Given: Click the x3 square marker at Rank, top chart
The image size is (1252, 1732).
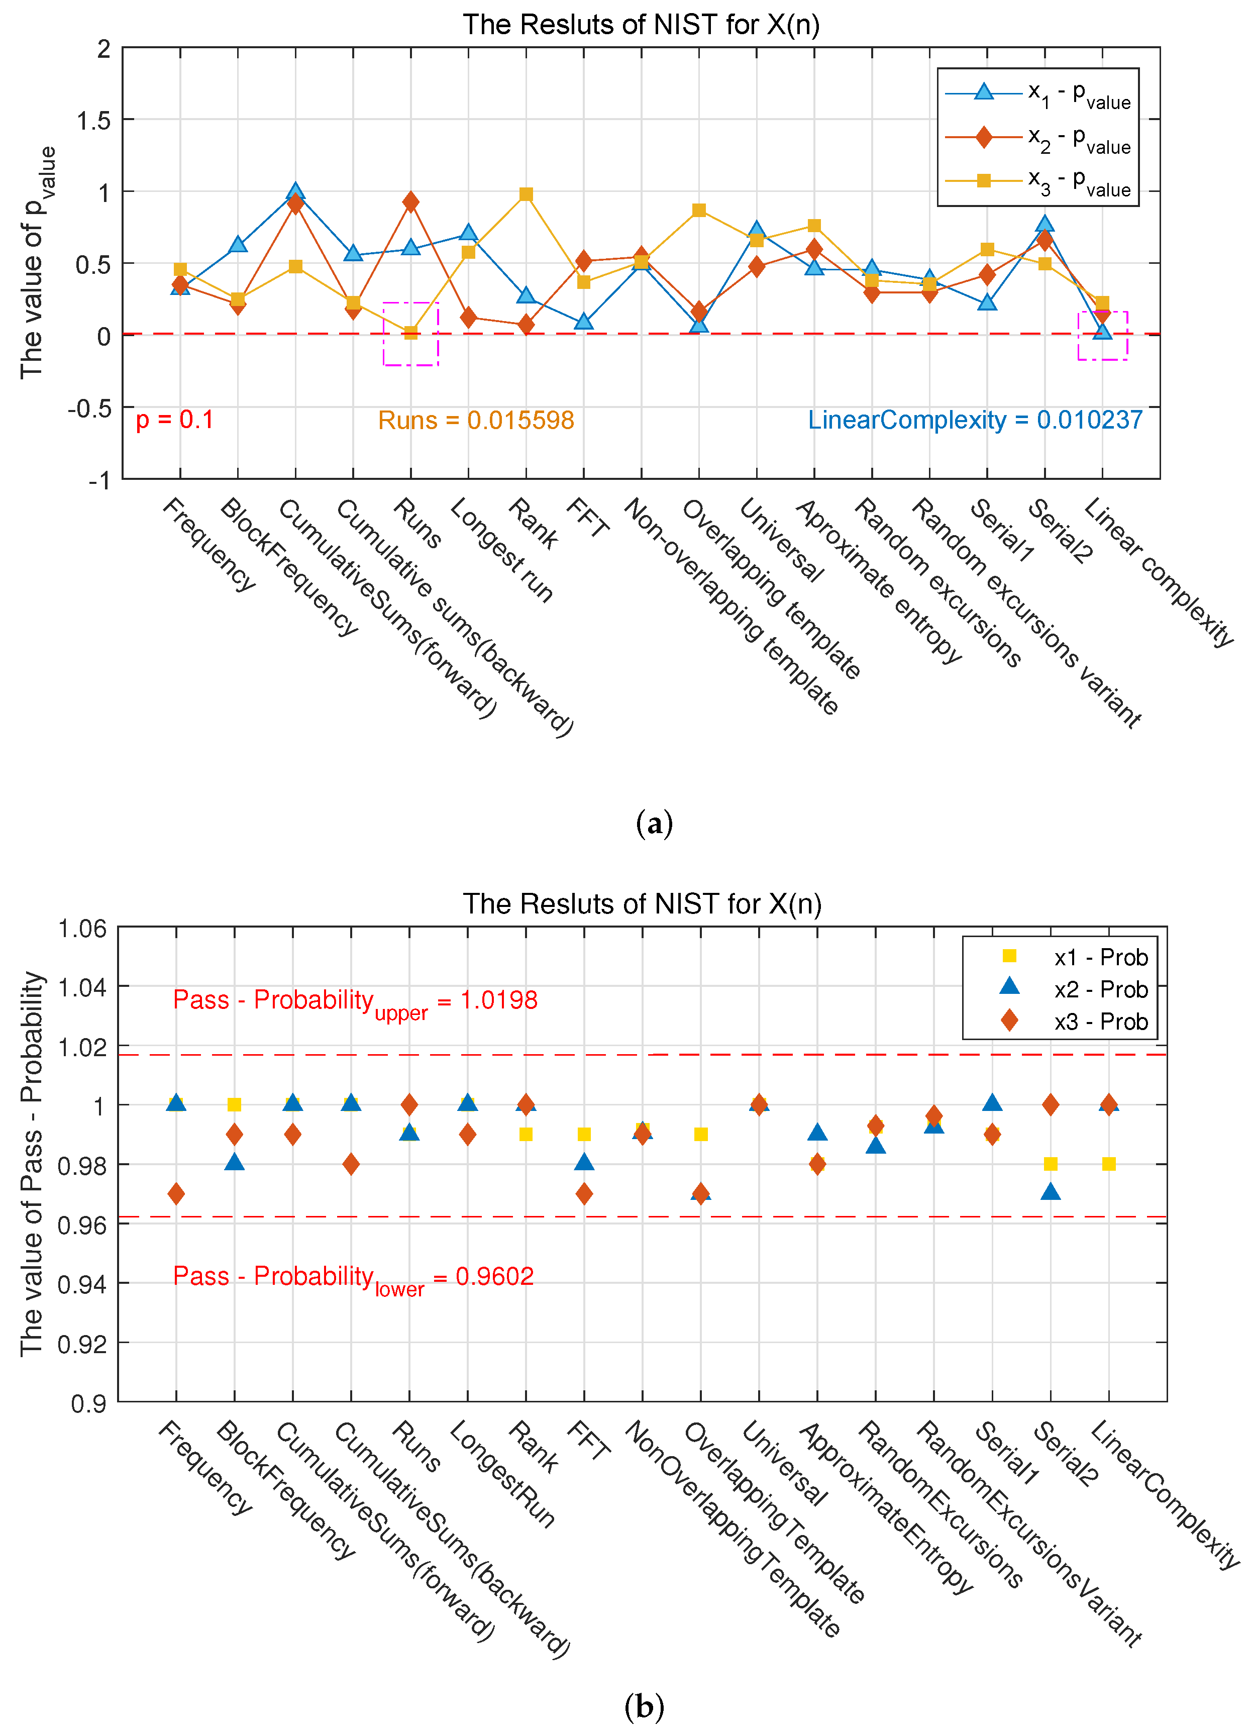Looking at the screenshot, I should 526,195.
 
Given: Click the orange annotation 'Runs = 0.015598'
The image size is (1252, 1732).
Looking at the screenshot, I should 476,420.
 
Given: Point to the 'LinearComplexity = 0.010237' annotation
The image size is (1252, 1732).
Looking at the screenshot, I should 975,420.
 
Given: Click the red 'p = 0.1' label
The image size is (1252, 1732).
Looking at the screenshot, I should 175,420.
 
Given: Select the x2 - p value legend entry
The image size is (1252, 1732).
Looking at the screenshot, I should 1038,138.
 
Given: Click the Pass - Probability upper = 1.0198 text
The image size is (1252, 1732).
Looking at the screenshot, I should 355,1001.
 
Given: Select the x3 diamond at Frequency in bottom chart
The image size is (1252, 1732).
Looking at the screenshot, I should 176,1194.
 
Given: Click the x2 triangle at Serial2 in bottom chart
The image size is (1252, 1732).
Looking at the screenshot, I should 1051,1192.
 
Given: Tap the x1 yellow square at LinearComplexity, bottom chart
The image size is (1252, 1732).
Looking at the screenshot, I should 1108,1164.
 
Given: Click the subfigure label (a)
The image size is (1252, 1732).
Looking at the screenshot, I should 654,823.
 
